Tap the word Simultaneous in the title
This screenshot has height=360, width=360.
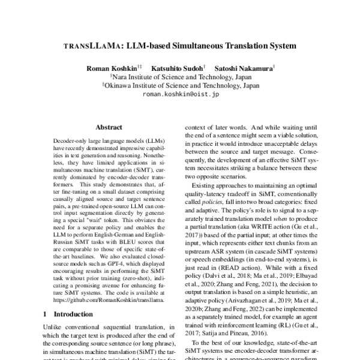(206, 45)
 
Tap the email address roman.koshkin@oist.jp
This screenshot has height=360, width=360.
(181, 94)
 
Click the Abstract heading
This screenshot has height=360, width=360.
(109, 127)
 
